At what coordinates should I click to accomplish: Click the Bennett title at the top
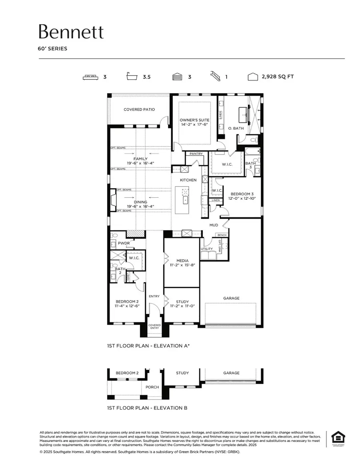click(71, 32)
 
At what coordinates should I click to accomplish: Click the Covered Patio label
click(139, 109)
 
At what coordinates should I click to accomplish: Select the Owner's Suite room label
click(194, 120)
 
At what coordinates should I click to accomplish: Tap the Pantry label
click(196, 154)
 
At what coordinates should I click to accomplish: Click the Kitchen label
click(188, 180)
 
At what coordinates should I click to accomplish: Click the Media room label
click(182, 261)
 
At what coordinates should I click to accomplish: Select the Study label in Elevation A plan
click(182, 302)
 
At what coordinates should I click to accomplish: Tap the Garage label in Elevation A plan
click(231, 298)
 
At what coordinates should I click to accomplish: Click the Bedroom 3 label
click(241, 194)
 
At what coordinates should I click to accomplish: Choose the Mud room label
click(214, 225)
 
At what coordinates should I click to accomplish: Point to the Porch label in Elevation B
click(152, 387)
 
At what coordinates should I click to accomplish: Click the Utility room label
click(207, 249)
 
